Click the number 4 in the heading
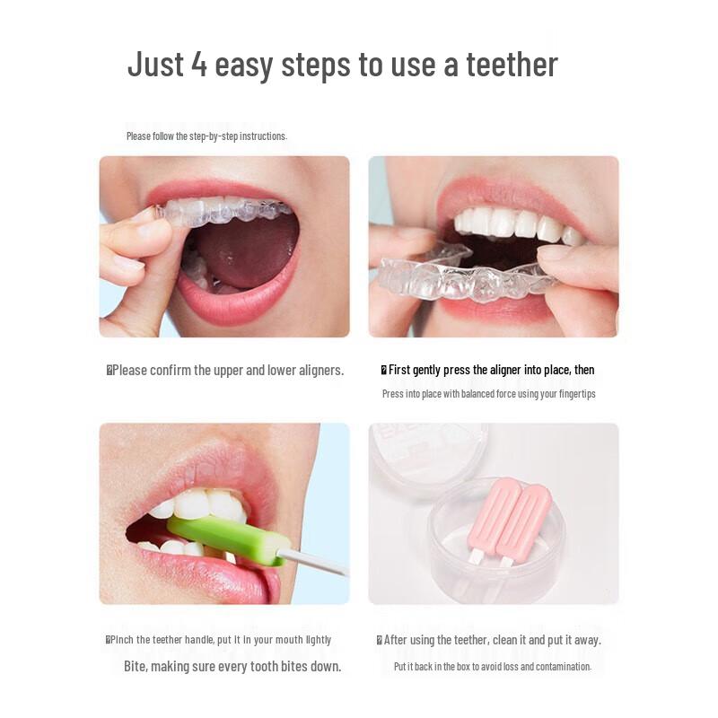click(x=199, y=65)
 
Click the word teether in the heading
click(x=512, y=65)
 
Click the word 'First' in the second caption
click(x=400, y=370)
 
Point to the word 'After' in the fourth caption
click(x=398, y=640)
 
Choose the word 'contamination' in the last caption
click(x=563, y=667)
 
